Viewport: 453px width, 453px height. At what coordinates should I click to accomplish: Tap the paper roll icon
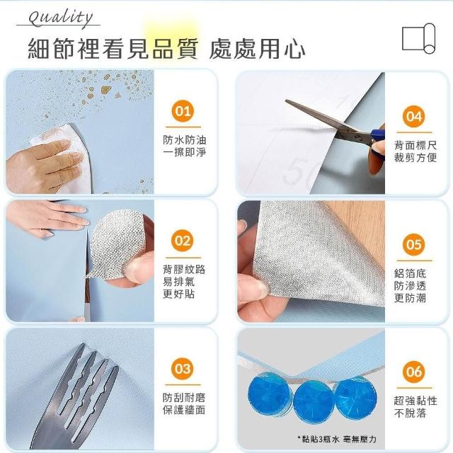[x=418, y=38]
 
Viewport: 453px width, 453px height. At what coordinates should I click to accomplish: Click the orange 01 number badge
[x=183, y=111]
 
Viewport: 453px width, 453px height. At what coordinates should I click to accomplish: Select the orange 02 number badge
[x=183, y=241]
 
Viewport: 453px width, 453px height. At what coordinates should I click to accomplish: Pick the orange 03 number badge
[x=183, y=369]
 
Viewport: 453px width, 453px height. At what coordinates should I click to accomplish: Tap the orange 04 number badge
[x=413, y=116]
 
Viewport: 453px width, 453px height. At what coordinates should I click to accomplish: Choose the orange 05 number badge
[x=413, y=245]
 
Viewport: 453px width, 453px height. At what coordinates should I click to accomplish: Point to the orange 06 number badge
[x=413, y=372]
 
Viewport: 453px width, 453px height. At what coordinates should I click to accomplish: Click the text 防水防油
[x=184, y=140]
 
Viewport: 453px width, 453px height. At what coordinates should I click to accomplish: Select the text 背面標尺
[x=415, y=145]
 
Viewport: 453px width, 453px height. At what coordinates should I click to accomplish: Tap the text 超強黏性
[x=415, y=401]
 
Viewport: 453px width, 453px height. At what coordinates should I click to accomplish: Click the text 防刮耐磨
[x=184, y=398]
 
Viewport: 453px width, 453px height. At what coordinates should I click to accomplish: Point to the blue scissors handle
[x=377, y=144]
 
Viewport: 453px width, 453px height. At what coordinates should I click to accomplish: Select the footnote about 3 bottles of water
[x=337, y=440]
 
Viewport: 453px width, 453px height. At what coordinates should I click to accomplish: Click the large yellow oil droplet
[x=106, y=90]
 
